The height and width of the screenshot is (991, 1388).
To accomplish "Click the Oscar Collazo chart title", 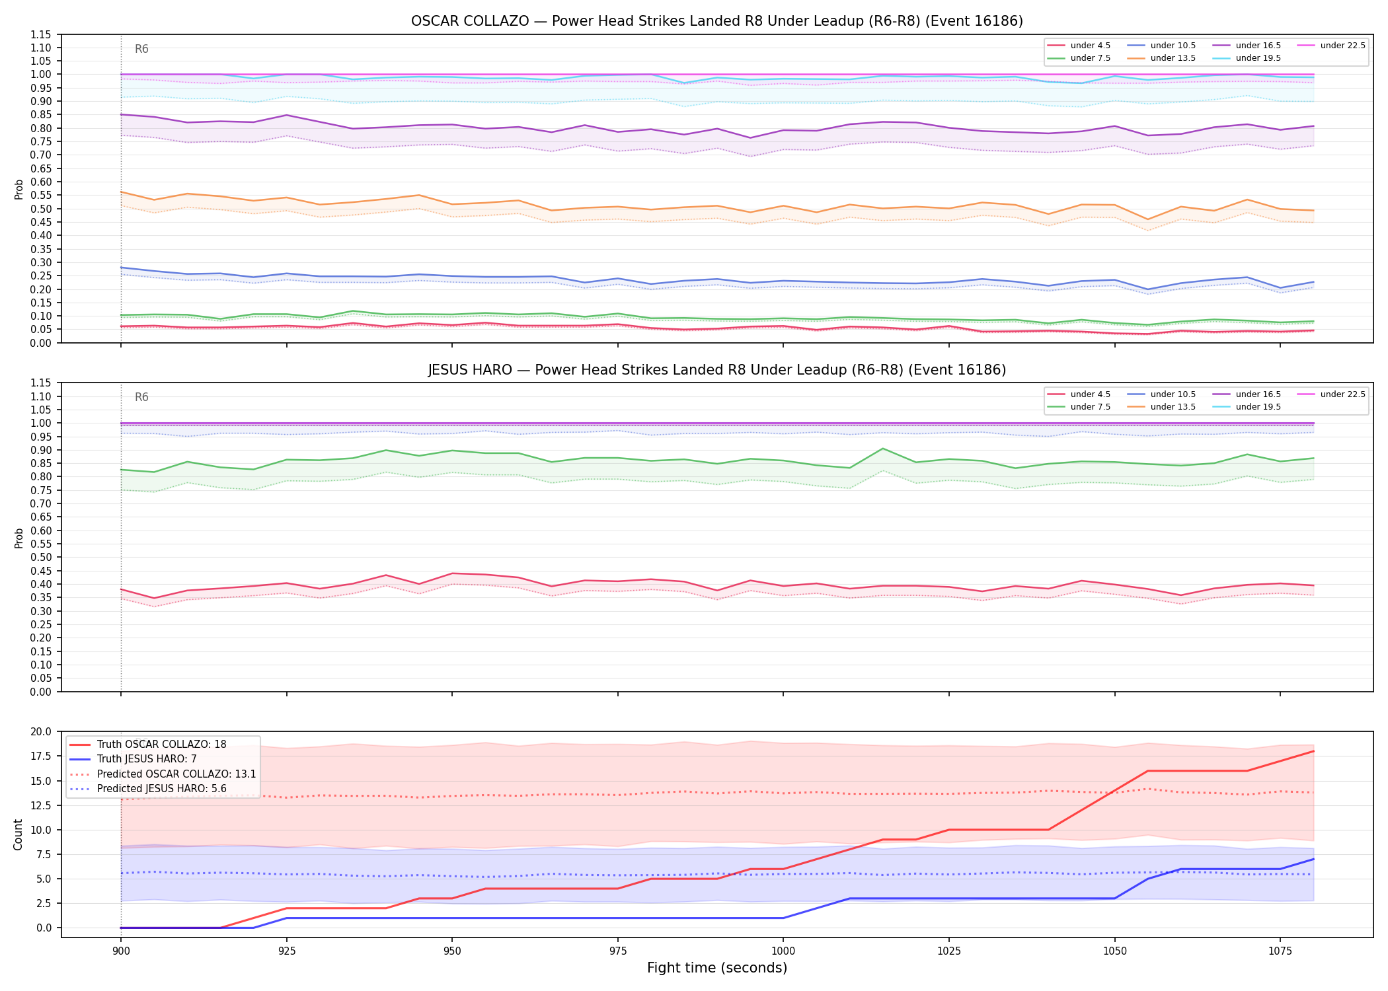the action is click(716, 21).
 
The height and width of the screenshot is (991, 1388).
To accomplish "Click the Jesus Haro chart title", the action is click(716, 370).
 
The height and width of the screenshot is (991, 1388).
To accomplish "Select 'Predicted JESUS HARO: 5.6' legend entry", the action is click(161, 789).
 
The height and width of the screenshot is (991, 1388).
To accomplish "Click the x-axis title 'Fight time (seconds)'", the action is click(717, 968).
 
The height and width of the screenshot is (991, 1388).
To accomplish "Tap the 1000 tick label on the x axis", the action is click(783, 952).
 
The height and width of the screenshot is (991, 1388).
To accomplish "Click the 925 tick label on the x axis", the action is click(286, 952).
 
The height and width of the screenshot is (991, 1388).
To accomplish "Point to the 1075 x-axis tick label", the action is click(1280, 952).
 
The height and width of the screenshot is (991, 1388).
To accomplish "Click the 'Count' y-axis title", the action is click(19, 834).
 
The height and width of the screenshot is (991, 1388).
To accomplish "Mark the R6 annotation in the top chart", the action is click(141, 49).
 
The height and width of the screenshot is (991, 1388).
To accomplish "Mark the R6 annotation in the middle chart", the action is click(141, 397).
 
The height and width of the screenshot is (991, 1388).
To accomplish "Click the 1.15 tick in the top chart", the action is click(44, 34).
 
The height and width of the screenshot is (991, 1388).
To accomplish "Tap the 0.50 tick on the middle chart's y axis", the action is click(44, 558).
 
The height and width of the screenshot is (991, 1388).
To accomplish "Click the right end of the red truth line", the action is click(1313, 751).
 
